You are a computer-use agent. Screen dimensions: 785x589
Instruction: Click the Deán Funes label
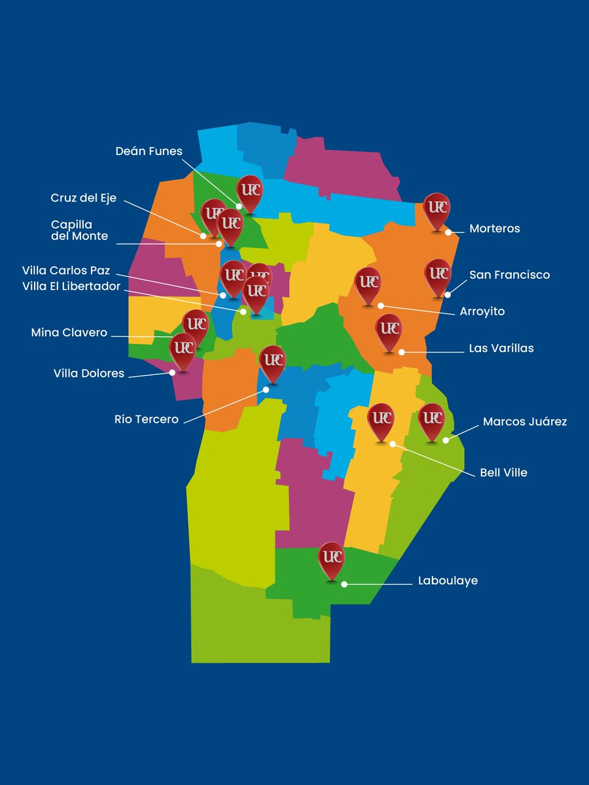tap(149, 151)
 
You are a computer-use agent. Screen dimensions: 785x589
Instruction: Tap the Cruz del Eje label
tap(83, 198)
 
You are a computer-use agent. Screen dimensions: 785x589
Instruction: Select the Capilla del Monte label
tap(80, 230)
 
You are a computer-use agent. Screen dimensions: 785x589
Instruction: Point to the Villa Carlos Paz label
tap(66, 270)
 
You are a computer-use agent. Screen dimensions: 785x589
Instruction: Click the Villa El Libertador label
tap(71, 286)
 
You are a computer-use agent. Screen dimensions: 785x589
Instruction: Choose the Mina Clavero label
tap(69, 333)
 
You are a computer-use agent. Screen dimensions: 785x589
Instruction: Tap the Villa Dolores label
tap(88, 374)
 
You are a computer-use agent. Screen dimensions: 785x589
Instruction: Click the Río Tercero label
tap(146, 419)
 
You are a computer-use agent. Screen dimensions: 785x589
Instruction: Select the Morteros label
tap(494, 228)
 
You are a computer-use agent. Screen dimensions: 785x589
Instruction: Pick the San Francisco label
tap(509, 275)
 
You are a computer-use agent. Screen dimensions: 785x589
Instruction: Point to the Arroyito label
tap(482, 312)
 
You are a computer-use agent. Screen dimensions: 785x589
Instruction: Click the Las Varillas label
tap(501, 348)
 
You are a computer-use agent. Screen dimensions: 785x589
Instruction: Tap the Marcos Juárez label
tap(525, 422)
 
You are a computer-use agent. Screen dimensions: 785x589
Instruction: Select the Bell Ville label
tap(503, 472)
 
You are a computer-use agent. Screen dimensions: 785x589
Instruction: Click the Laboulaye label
tap(448, 580)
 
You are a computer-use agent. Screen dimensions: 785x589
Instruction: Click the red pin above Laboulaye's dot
tap(331, 559)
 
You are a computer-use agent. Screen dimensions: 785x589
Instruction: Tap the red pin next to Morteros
tap(437, 209)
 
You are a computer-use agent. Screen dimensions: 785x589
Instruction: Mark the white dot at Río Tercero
tap(266, 389)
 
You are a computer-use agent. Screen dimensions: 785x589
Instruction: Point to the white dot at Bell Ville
tap(393, 444)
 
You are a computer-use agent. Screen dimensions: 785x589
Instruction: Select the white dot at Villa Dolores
tap(172, 372)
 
